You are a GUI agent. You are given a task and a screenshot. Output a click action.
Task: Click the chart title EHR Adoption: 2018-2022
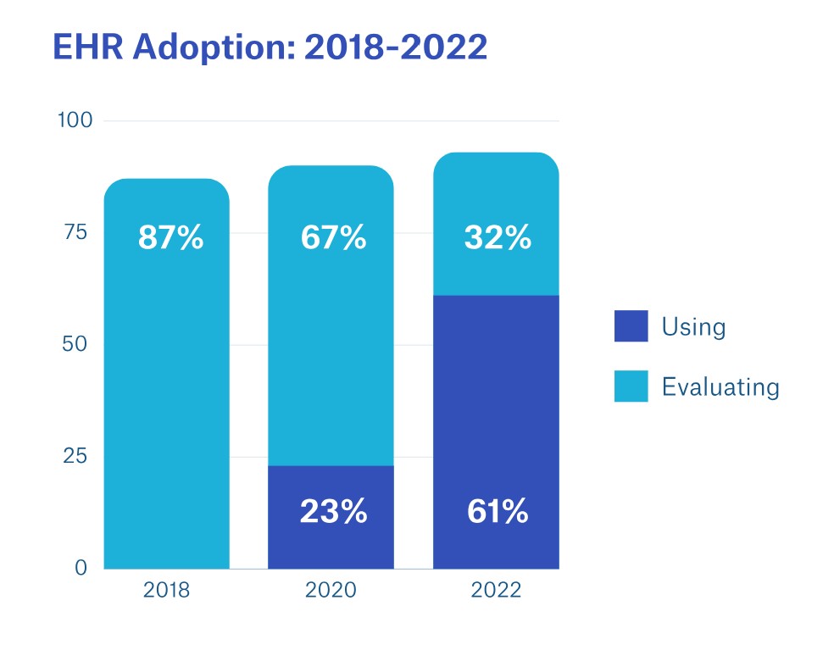[x=270, y=48]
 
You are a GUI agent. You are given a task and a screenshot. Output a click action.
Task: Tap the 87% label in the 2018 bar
[x=170, y=238]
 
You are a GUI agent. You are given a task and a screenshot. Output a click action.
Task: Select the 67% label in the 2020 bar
[x=333, y=238]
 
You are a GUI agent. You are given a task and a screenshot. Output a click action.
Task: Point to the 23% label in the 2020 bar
[x=333, y=511]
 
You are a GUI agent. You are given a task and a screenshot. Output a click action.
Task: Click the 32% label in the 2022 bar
[x=498, y=238]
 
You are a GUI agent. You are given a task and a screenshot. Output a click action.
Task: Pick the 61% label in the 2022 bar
[x=498, y=511]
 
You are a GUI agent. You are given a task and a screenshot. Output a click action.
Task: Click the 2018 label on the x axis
[x=166, y=591]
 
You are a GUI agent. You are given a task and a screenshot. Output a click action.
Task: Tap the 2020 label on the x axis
[x=331, y=591]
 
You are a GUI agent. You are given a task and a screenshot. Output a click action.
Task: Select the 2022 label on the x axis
[x=496, y=591]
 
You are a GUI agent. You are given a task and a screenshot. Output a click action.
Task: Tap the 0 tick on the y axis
[x=82, y=568]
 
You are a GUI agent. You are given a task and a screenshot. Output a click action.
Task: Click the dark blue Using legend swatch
[x=631, y=326]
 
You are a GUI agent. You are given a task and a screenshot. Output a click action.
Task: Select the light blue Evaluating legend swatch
[x=631, y=386]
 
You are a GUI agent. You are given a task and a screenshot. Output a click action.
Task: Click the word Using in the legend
[x=693, y=326]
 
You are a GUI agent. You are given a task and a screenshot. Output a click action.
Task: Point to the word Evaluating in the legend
[x=720, y=387]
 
